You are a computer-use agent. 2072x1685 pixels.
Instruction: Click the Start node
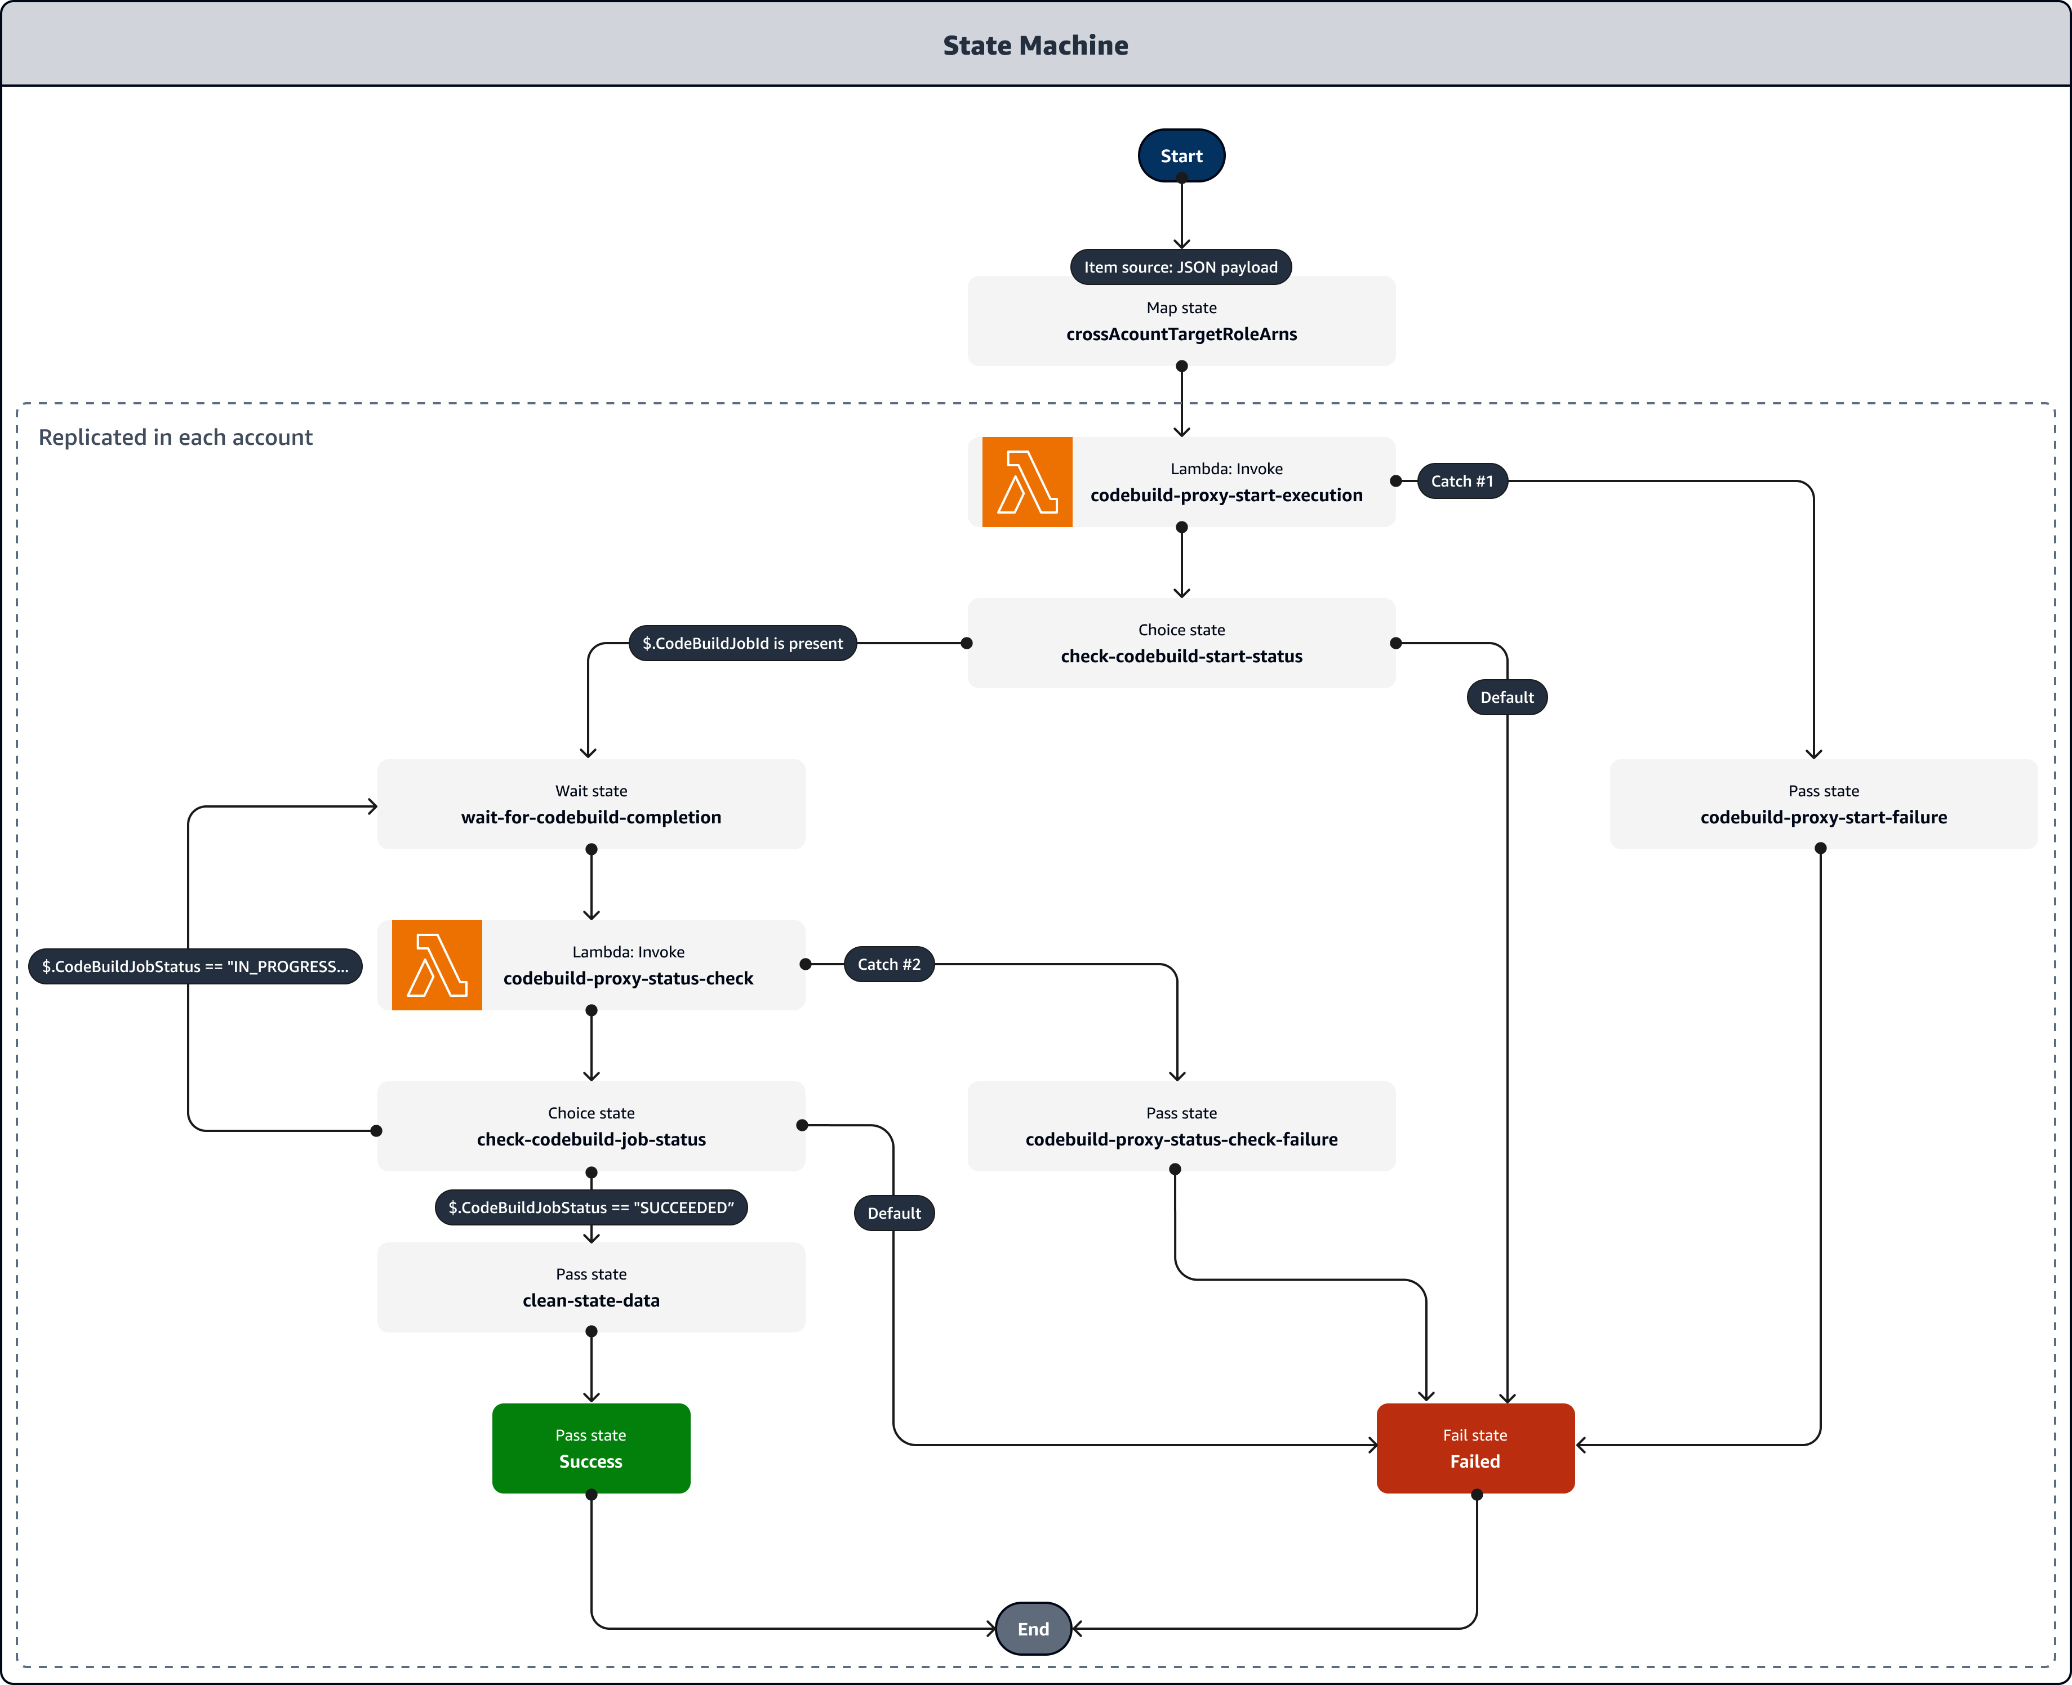click(x=1181, y=155)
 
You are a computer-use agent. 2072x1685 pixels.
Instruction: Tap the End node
click(x=1033, y=1629)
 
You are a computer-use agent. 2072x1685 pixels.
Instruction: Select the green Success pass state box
click(x=590, y=1448)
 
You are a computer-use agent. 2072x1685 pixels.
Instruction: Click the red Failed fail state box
click(x=1475, y=1448)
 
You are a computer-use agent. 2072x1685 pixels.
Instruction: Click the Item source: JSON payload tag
click(x=1181, y=267)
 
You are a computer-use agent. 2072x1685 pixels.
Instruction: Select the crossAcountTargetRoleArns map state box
click(x=1181, y=321)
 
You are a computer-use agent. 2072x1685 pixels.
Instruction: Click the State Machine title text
click(x=1035, y=46)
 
